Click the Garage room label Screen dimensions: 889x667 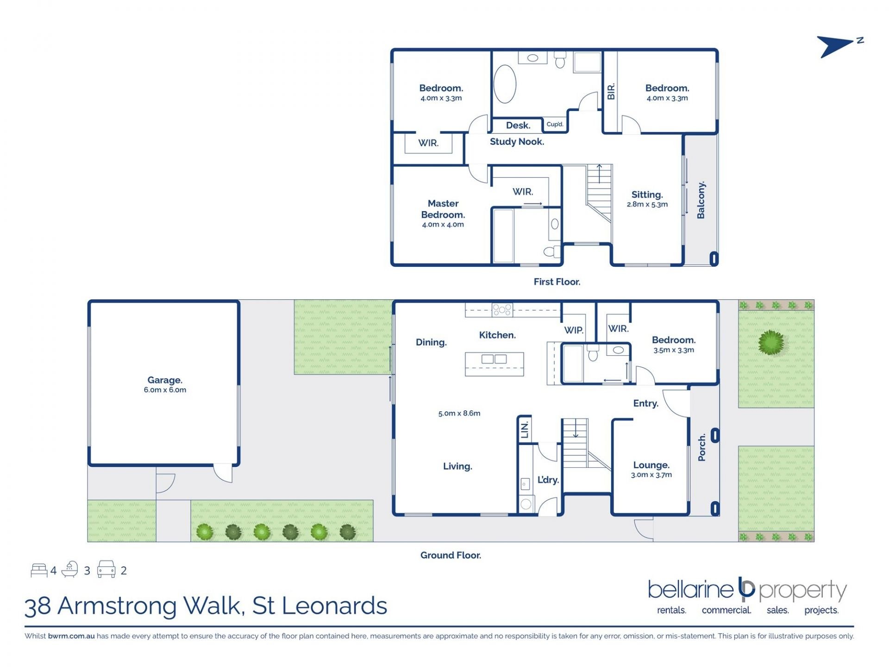pos(165,380)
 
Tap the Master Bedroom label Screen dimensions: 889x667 pos(443,209)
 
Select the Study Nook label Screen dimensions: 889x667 pos(517,142)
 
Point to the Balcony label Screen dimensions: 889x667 pos(701,200)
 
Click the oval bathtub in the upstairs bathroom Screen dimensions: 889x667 pos(505,84)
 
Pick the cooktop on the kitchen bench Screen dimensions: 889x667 pos(502,309)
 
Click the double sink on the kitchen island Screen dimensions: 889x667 pos(494,359)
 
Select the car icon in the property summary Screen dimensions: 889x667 pos(106,569)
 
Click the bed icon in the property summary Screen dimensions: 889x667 pos(39,570)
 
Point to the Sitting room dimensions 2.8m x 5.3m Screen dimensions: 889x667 pos(647,204)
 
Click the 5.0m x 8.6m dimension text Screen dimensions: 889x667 pos(459,413)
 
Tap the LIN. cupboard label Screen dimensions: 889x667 pos(525,430)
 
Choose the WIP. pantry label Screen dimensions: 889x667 pos(574,330)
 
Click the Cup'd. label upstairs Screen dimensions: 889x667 pos(555,124)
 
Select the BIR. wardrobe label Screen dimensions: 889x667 pos(611,91)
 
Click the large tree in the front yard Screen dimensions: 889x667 pos(771,342)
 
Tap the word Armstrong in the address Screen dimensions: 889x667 pos(150,606)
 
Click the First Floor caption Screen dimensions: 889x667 pos(557,282)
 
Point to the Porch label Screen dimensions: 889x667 pos(702,447)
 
